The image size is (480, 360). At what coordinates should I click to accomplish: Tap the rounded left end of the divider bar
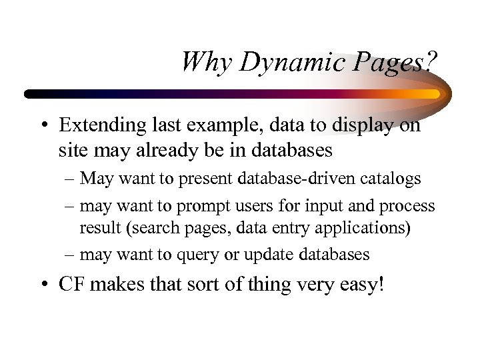[28, 94]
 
